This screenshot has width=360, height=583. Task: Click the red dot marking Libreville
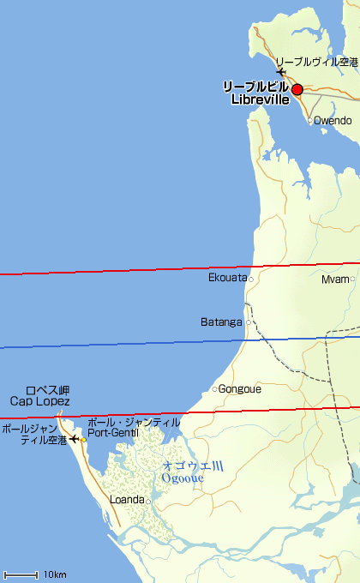point(297,89)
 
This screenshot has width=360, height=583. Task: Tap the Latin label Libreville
point(261,100)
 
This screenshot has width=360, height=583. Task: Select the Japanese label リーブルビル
point(255,87)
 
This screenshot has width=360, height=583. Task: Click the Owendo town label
point(333,120)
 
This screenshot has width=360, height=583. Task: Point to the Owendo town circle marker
point(310,120)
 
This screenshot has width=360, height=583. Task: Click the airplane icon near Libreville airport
point(281,72)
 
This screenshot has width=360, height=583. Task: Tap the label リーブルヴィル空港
point(316,63)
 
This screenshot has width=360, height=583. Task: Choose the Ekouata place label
point(227,278)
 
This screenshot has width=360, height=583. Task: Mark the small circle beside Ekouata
point(251,279)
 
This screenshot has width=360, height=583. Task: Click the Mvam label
point(334,279)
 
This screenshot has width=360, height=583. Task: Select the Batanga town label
point(222,322)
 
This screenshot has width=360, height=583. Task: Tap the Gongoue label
point(240,388)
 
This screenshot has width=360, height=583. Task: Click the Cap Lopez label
point(39,401)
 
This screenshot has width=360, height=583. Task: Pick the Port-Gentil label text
point(112,433)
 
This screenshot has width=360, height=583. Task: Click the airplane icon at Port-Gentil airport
point(74,439)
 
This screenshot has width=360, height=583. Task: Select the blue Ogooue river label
point(182,478)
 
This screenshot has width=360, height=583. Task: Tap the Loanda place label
point(128,500)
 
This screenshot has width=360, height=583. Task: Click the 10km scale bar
point(21,574)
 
